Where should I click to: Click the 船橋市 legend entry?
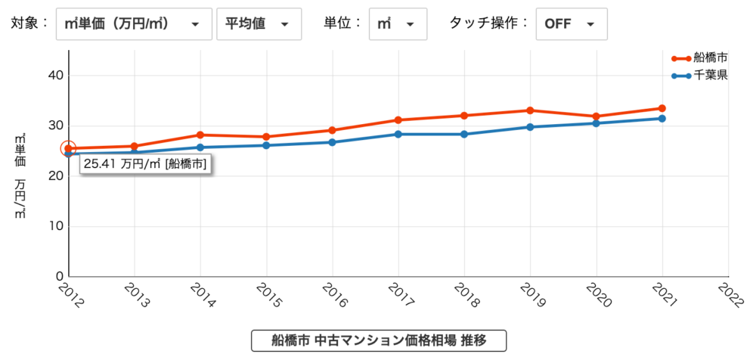coord(699,58)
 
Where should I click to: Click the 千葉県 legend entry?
coord(699,76)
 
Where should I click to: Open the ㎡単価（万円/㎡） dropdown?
coord(132,23)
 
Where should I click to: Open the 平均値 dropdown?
coord(259,23)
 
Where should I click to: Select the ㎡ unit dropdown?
coord(398,23)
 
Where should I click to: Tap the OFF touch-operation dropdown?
coord(571,23)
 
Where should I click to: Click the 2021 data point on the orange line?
coord(662,109)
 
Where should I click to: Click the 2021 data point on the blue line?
coord(662,119)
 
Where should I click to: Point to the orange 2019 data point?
coord(531,110)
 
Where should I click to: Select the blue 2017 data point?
coord(398,135)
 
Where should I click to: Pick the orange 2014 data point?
coord(200,135)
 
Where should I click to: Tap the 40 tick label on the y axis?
coord(53,76)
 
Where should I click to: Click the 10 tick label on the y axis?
coord(53,226)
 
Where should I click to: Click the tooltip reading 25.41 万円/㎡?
coord(146,163)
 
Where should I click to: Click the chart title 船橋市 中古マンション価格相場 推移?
coord(378,340)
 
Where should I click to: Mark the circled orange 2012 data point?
coord(69,148)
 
